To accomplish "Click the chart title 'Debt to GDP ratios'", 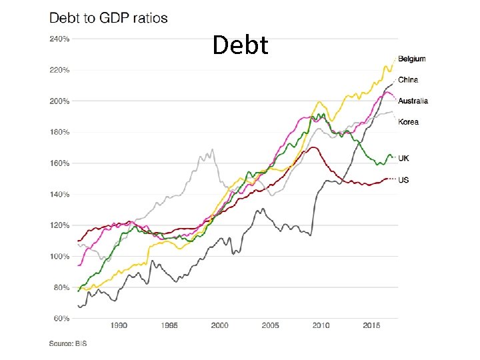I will tap(109, 18).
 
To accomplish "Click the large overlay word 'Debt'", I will tap(240, 45).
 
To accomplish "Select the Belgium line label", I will tap(411, 59).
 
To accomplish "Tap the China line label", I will tap(408, 80).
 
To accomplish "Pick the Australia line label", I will tap(413, 101).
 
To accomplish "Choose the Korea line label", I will tap(408, 122).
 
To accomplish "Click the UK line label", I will tap(404, 158).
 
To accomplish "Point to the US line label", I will tap(403, 180).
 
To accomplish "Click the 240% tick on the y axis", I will tap(59, 39).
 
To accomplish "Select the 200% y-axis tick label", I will tap(59, 101).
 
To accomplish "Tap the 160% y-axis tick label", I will tap(59, 163).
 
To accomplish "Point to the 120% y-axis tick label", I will tap(59, 225).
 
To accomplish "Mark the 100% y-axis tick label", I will tap(59, 257).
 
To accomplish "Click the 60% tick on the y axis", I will tap(61, 319).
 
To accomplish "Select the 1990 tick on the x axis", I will tap(118, 326).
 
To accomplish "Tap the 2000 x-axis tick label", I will tap(219, 326).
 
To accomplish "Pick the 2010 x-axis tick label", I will tap(321, 326).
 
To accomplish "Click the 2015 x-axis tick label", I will tap(371, 326).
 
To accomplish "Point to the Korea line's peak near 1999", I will tap(212, 150).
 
